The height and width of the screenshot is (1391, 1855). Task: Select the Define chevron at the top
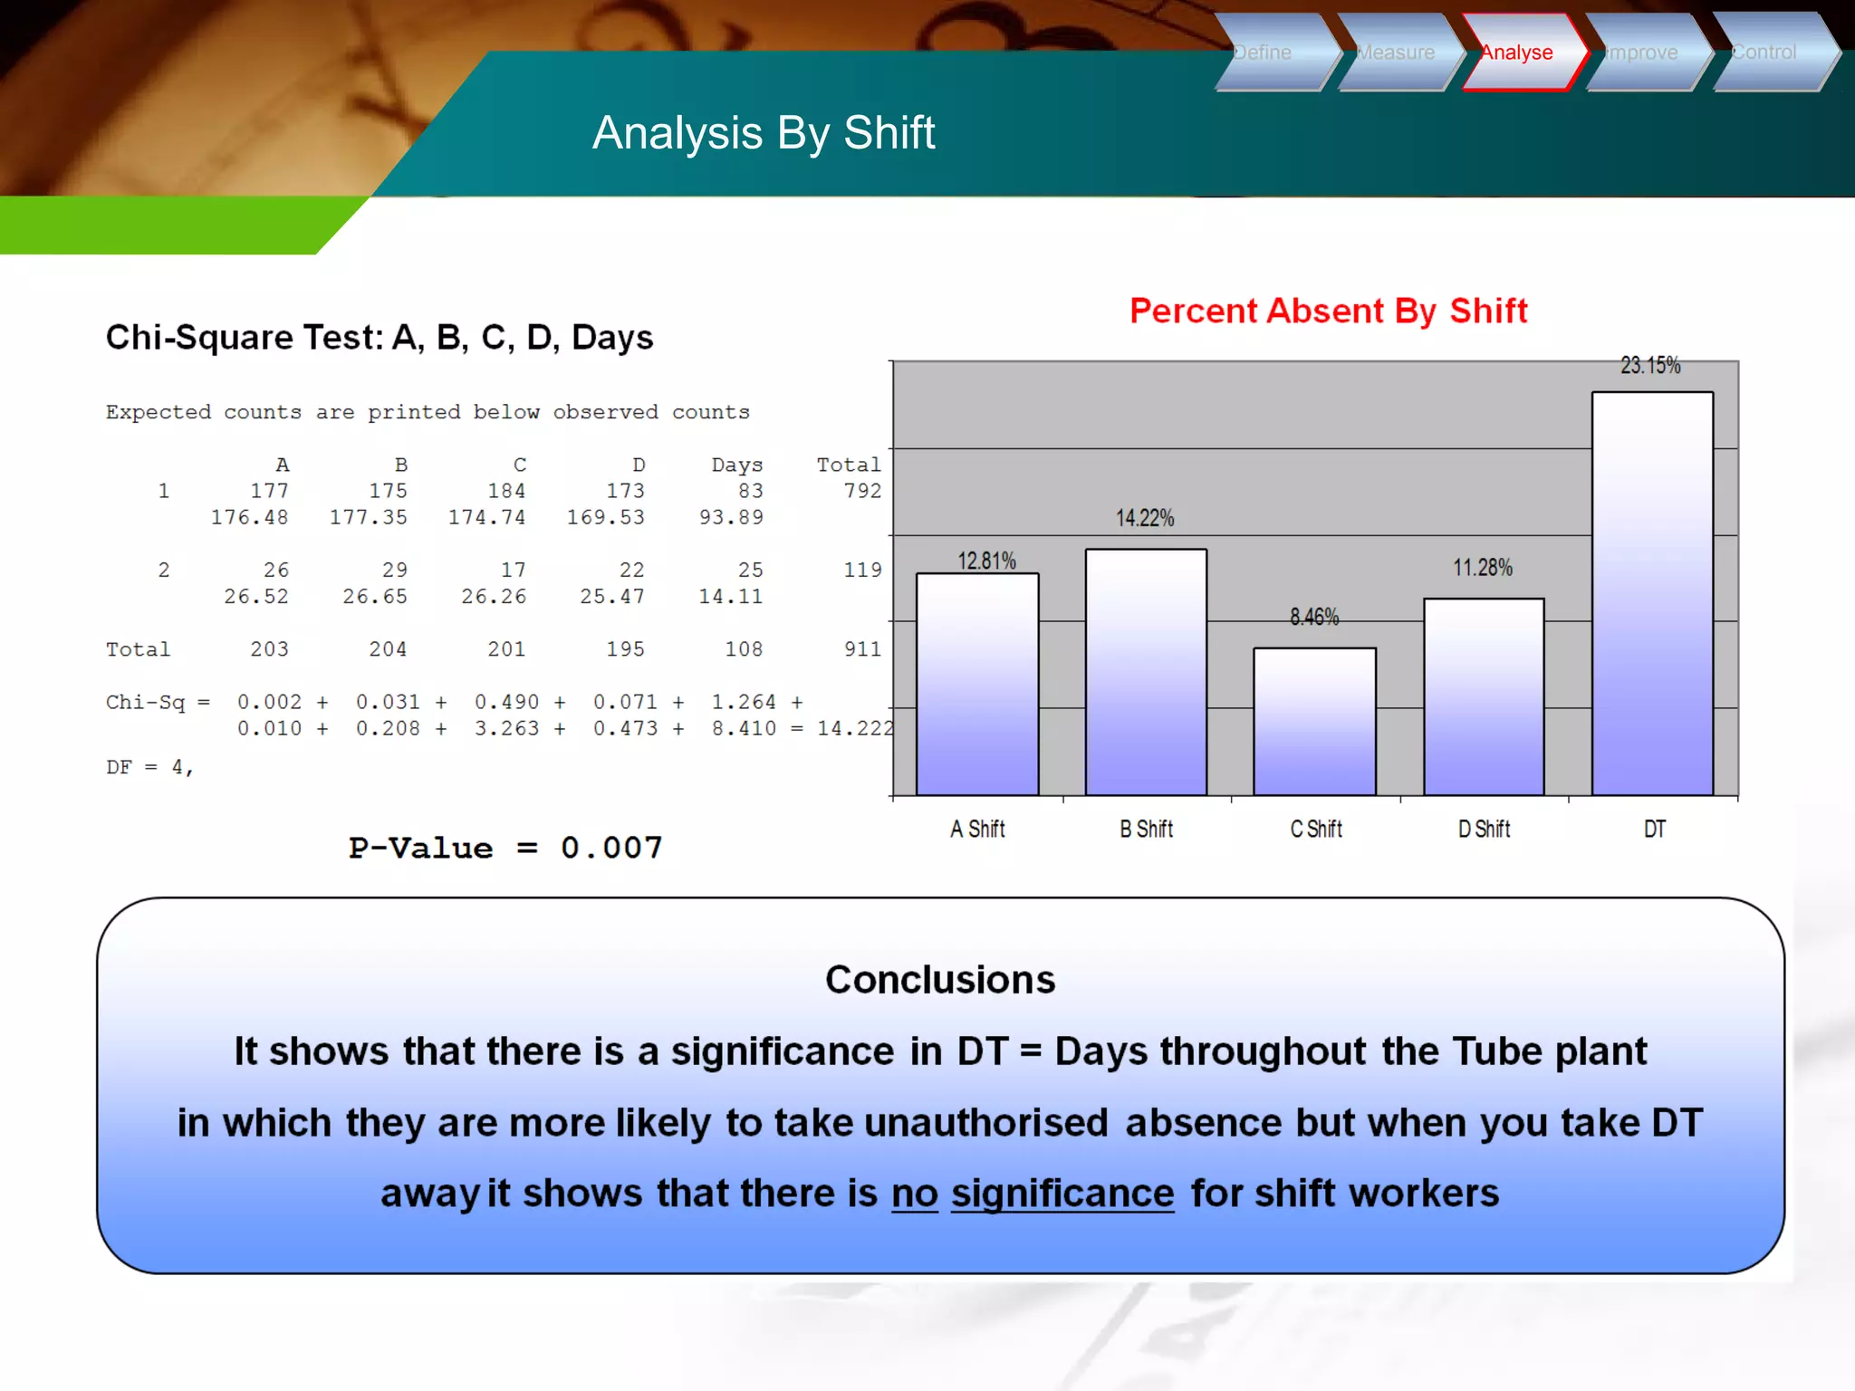[x=1268, y=53]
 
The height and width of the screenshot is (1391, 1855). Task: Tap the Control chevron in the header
[x=1766, y=53]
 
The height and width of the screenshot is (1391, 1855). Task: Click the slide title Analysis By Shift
[x=763, y=133]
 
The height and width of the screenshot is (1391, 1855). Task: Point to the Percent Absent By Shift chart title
[x=1328, y=311]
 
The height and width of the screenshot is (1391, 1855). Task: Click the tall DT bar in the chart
[x=1652, y=593]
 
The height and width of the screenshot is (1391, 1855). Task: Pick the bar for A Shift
[x=977, y=684]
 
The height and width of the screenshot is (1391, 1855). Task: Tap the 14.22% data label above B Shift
[x=1145, y=518]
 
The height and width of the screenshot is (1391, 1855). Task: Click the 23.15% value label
[x=1650, y=366]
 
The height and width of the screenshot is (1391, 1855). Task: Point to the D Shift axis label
[x=1484, y=829]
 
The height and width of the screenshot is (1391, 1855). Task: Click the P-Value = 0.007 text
[x=505, y=848]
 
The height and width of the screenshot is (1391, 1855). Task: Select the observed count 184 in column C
[x=506, y=491]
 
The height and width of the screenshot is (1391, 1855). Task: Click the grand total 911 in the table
[x=862, y=649]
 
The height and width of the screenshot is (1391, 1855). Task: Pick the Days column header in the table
[x=737, y=465]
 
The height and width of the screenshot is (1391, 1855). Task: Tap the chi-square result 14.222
[x=854, y=728]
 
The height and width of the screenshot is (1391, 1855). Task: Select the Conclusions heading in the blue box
[x=940, y=980]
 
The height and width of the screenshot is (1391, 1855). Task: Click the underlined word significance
[x=1062, y=1194]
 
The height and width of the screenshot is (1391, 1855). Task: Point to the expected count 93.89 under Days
[x=731, y=517]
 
